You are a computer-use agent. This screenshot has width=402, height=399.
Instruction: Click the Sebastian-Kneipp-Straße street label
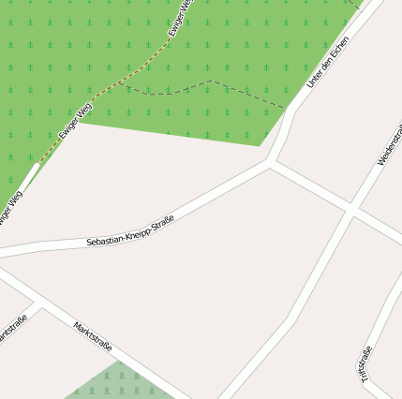pyautogui.click(x=130, y=230)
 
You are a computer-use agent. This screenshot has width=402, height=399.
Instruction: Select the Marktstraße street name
pyautogui.click(x=93, y=336)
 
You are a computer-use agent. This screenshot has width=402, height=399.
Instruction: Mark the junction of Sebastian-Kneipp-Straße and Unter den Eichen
pyautogui.click(x=272, y=163)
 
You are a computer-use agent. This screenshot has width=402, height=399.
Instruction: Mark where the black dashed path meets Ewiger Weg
pyautogui.click(x=123, y=87)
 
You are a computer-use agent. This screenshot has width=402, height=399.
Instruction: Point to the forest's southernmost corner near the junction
pyautogui.click(x=260, y=145)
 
